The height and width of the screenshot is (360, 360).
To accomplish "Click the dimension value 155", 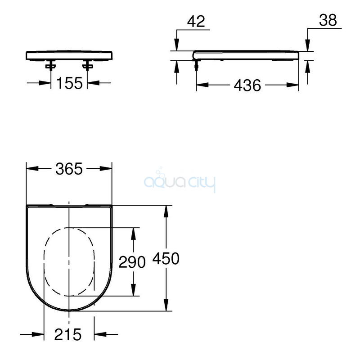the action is pyautogui.click(x=69, y=83).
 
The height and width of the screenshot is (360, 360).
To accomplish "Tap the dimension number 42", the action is pyautogui.click(x=196, y=22).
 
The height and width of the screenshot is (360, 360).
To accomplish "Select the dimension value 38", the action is pyautogui.click(x=328, y=20).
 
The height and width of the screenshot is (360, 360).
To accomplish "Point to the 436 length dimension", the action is pyautogui.click(x=247, y=85).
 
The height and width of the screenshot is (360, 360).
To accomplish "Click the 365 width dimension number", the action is pyautogui.click(x=69, y=169).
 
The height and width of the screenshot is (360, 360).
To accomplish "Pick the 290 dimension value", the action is pyautogui.click(x=132, y=262).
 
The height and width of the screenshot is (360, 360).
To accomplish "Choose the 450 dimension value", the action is pyautogui.click(x=166, y=258).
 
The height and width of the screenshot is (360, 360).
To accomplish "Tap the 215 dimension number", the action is pyautogui.click(x=68, y=334).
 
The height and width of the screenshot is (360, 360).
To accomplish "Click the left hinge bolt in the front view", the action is pyautogui.click(x=51, y=65).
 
